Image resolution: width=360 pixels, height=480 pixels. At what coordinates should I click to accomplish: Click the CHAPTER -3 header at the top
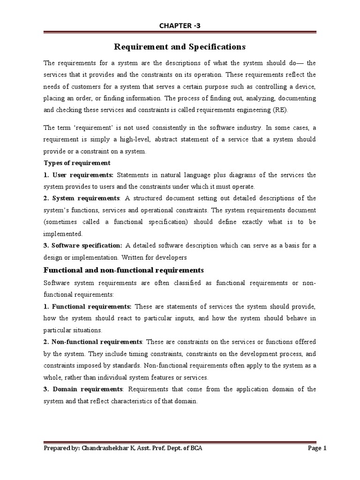click(x=180, y=26)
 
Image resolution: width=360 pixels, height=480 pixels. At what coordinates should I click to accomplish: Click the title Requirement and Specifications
click(x=180, y=47)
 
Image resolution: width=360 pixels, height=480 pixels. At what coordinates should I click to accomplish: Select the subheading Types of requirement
click(x=77, y=163)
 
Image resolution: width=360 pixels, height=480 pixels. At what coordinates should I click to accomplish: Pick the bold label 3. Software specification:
click(x=83, y=245)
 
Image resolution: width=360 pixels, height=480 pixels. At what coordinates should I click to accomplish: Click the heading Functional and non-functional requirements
click(x=123, y=270)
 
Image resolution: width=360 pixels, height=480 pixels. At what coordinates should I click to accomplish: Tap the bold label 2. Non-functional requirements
click(x=92, y=342)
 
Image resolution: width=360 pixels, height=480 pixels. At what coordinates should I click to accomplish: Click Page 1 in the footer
click(x=316, y=449)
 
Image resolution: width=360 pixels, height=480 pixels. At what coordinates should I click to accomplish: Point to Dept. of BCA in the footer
click(x=183, y=449)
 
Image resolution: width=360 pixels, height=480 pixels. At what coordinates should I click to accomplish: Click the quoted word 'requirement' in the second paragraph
click(x=84, y=127)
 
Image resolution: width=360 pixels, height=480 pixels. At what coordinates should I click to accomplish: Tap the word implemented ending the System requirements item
click(x=63, y=233)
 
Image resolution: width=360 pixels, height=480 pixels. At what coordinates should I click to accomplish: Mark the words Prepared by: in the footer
click(x=61, y=449)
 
